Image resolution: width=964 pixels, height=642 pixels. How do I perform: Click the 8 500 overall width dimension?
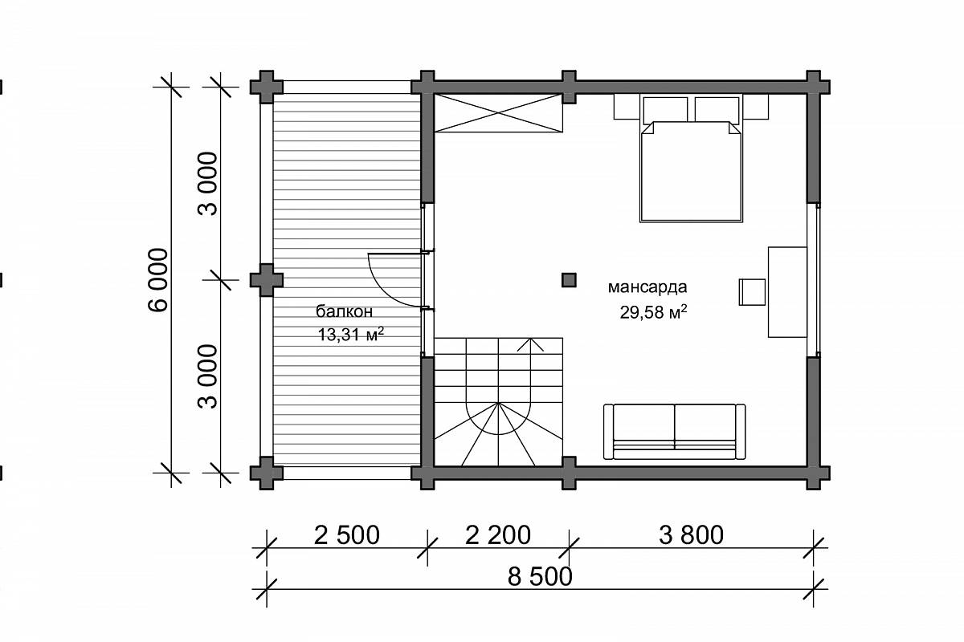click(x=540, y=577)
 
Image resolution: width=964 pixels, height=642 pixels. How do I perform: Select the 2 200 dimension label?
click(x=498, y=535)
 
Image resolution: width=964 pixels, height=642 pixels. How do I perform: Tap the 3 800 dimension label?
click(x=691, y=535)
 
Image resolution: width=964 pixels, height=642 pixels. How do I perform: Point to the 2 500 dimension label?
click(x=347, y=535)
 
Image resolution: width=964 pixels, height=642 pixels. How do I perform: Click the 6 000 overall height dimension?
click(x=158, y=279)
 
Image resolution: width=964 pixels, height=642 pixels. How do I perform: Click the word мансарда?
click(x=647, y=286)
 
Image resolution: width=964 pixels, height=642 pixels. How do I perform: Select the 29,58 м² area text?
click(x=653, y=312)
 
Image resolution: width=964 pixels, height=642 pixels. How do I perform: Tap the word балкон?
click(x=345, y=311)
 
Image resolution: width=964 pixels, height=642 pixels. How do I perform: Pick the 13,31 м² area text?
click(x=351, y=335)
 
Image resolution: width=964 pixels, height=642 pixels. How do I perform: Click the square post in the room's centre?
click(x=569, y=280)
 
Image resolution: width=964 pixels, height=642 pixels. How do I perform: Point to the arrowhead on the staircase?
click(x=530, y=345)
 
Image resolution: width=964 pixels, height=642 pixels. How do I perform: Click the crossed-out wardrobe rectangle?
click(x=498, y=113)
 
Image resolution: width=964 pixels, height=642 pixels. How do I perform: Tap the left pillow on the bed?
click(x=665, y=110)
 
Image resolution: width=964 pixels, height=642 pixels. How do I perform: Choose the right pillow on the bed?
click(x=717, y=110)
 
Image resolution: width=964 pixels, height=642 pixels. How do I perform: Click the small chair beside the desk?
click(x=752, y=292)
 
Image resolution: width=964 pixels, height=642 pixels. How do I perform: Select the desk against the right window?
click(x=787, y=292)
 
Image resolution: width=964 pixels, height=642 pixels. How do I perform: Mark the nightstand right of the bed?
click(x=756, y=107)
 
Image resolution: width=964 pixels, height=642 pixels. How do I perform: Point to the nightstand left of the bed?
click(x=627, y=107)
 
